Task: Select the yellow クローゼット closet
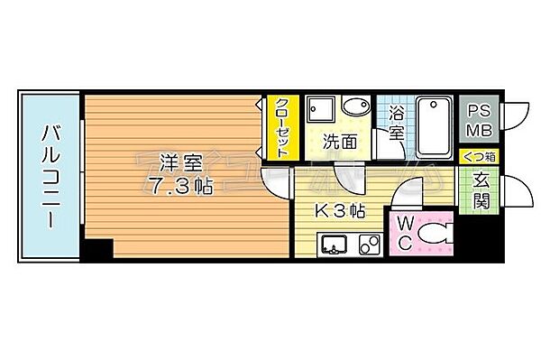280,126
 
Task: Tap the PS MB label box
477,118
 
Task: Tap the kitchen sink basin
335,244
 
